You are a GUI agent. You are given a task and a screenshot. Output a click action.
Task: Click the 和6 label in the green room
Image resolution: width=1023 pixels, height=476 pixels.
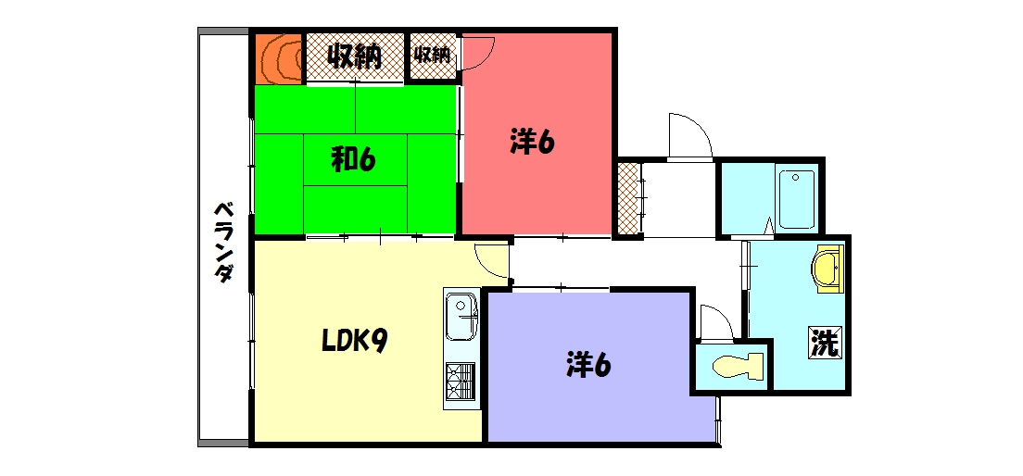[353, 160]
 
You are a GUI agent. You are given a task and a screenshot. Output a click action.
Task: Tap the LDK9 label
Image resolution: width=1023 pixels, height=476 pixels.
[353, 342]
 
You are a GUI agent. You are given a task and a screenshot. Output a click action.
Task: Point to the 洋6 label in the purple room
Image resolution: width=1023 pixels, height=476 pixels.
[588, 365]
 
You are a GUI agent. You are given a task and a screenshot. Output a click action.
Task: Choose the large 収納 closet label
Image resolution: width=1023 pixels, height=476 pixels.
[353, 57]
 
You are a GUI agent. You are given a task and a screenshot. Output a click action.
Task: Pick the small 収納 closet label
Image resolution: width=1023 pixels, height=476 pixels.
[432, 56]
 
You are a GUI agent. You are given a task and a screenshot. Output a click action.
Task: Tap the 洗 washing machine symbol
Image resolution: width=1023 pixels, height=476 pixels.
[824, 343]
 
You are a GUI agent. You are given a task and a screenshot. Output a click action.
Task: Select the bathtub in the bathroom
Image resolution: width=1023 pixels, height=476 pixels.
[796, 198]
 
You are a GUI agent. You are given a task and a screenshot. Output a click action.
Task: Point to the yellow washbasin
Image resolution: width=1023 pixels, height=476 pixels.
[827, 270]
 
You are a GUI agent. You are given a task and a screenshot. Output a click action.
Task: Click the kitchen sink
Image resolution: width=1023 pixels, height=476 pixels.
[461, 316]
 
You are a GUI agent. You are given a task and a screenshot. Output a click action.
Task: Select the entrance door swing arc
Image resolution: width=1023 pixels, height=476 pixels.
[688, 137]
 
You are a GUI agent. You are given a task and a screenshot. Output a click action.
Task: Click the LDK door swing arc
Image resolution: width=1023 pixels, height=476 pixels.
[491, 262]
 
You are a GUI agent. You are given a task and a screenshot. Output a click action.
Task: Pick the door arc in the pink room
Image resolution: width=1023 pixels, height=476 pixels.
[479, 53]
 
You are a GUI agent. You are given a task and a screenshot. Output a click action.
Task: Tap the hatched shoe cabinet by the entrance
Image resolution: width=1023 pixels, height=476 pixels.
[628, 199]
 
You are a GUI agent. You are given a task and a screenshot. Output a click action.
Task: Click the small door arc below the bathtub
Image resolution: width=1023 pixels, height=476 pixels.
[769, 225]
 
